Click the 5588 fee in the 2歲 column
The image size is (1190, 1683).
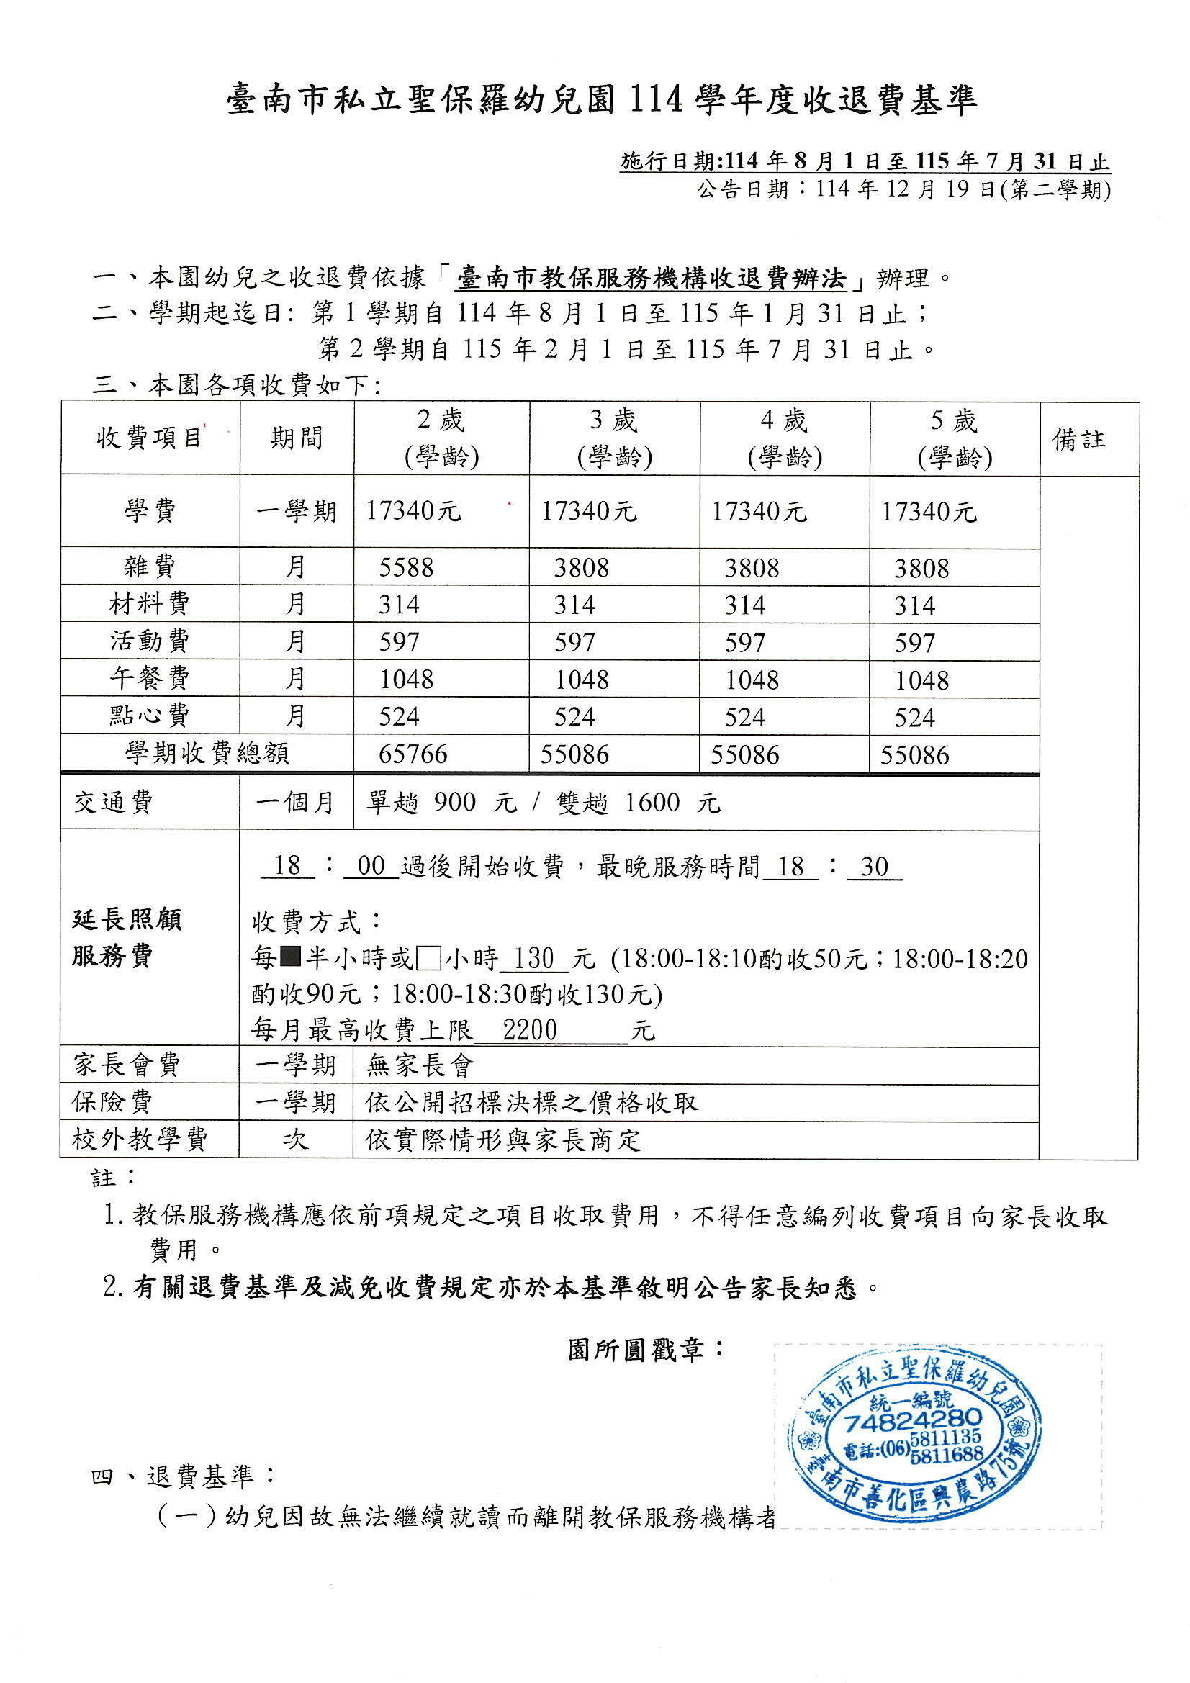406,567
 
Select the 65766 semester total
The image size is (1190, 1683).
413,754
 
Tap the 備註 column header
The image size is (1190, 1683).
1078,439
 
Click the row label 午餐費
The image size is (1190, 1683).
150,678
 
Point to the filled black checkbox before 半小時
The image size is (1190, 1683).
291,958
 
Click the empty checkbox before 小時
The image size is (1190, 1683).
428,958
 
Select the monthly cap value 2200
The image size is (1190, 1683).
530,1031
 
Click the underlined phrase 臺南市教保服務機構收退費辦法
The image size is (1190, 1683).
650,279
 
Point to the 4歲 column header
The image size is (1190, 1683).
785,438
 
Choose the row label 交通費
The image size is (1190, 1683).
114,803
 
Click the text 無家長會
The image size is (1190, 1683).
421,1065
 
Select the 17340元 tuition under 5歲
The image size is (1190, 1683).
929,512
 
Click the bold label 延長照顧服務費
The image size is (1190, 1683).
126,937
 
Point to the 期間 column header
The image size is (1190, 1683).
296,438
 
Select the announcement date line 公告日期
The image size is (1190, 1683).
903,190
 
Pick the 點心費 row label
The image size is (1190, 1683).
150,716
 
